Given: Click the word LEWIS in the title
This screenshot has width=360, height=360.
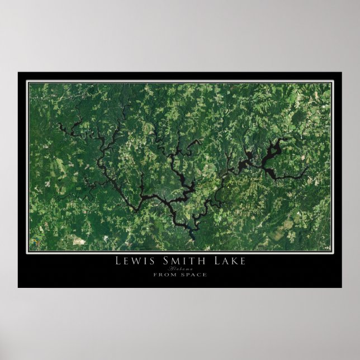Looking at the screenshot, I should coord(134,260).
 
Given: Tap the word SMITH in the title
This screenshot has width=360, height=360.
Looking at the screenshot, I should coord(180,260).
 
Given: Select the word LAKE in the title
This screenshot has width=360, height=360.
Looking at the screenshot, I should coord(226,260).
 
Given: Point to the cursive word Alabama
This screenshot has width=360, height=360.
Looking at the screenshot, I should coord(180,268).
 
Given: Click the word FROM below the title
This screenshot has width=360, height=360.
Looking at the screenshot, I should coord(164,274).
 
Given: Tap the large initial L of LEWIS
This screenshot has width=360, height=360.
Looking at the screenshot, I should coord(118,260).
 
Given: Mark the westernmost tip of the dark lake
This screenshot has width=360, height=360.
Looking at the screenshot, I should coord(58,124).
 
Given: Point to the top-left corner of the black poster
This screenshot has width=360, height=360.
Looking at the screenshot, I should coord(18,72).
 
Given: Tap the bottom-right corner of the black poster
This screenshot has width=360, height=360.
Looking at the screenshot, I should coord(342,288).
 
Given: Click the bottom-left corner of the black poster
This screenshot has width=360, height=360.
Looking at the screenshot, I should coord(18,288).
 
